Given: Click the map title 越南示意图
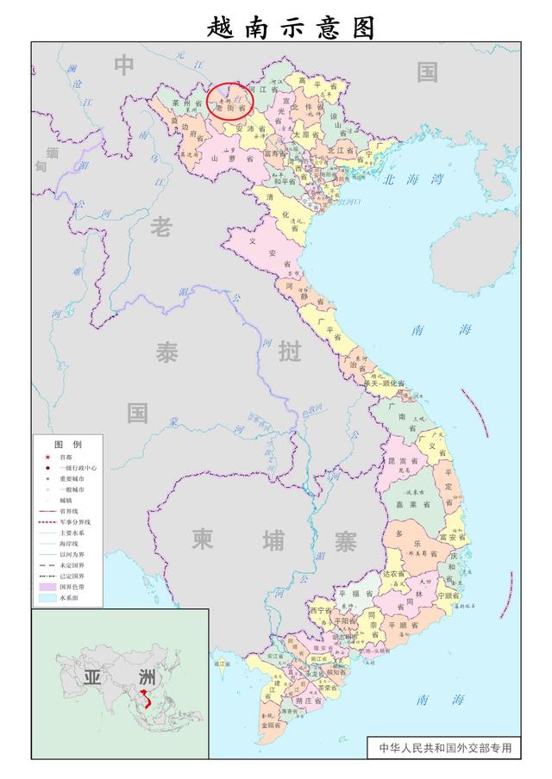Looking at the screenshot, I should click(x=292, y=27).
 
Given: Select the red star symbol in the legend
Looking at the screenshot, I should click(x=48, y=456).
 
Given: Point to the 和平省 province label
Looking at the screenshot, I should click(x=285, y=181).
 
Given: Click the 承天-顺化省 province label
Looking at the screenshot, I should click(x=384, y=383).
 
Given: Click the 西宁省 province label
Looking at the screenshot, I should click(x=321, y=611).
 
